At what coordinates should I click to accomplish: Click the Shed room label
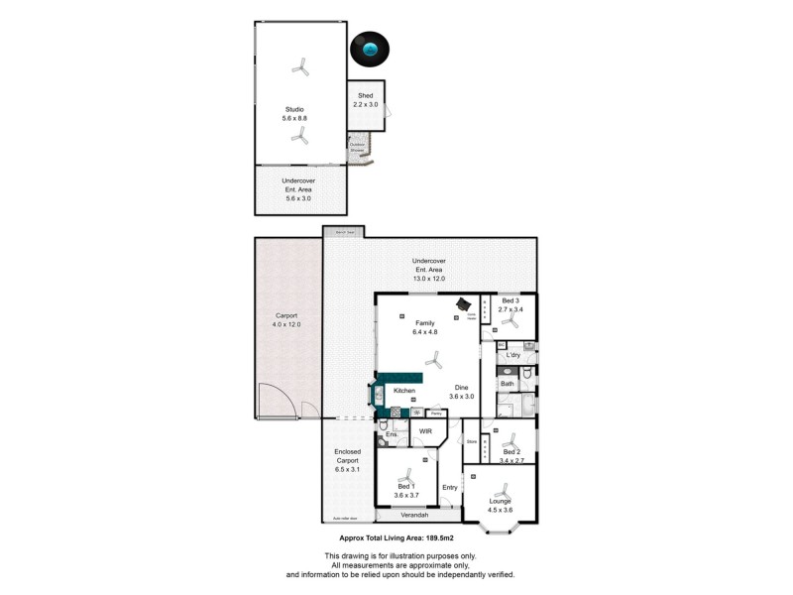(x=365, y=95)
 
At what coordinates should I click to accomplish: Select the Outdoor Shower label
(x=357, y=147)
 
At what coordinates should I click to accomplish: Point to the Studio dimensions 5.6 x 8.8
(x=294, y=118)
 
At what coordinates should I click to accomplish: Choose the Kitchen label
(x=403, y=391)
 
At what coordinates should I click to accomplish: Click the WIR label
(x=426, y=431)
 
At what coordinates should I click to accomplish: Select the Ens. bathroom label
(x=392, y=434)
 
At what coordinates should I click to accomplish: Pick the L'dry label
(x=513, y=355)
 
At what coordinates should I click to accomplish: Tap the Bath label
(x=507, y=383)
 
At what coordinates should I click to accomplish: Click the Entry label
(x=450, y=487)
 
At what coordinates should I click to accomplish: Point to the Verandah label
(x=414, y=515)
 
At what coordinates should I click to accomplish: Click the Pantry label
(x=435, y=412)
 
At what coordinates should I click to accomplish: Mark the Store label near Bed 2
(x=472, y=441)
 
